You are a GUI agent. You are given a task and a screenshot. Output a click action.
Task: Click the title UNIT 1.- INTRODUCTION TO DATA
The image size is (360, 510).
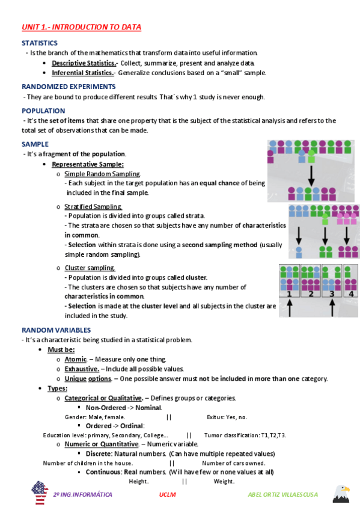(81, 27)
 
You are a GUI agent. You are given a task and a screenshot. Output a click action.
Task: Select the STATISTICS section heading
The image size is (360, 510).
(40, 43)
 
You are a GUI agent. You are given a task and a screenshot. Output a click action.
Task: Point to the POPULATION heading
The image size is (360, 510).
(43, 111)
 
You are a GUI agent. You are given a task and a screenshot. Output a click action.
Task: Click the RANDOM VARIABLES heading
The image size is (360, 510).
(56, 330)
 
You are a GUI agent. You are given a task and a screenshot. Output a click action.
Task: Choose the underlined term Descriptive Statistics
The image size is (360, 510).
(84, 63)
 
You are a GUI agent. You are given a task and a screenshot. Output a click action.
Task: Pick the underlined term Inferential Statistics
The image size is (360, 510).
(83, 73)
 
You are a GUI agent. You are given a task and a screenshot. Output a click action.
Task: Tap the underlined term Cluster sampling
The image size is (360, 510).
(90, 268)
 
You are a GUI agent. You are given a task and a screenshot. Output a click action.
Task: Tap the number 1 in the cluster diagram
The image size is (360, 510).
(290, 293)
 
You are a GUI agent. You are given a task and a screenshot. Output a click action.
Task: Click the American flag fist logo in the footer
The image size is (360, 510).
(39, 493)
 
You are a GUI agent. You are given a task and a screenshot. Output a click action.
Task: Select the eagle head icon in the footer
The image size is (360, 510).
(341, 493)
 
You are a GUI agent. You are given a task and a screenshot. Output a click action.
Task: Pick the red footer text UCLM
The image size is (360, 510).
(167, 494)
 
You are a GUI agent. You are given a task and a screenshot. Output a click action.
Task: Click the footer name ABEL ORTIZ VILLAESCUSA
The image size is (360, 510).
(282, 494)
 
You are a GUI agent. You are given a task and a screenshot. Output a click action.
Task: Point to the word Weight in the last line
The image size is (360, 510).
(224, 481)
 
